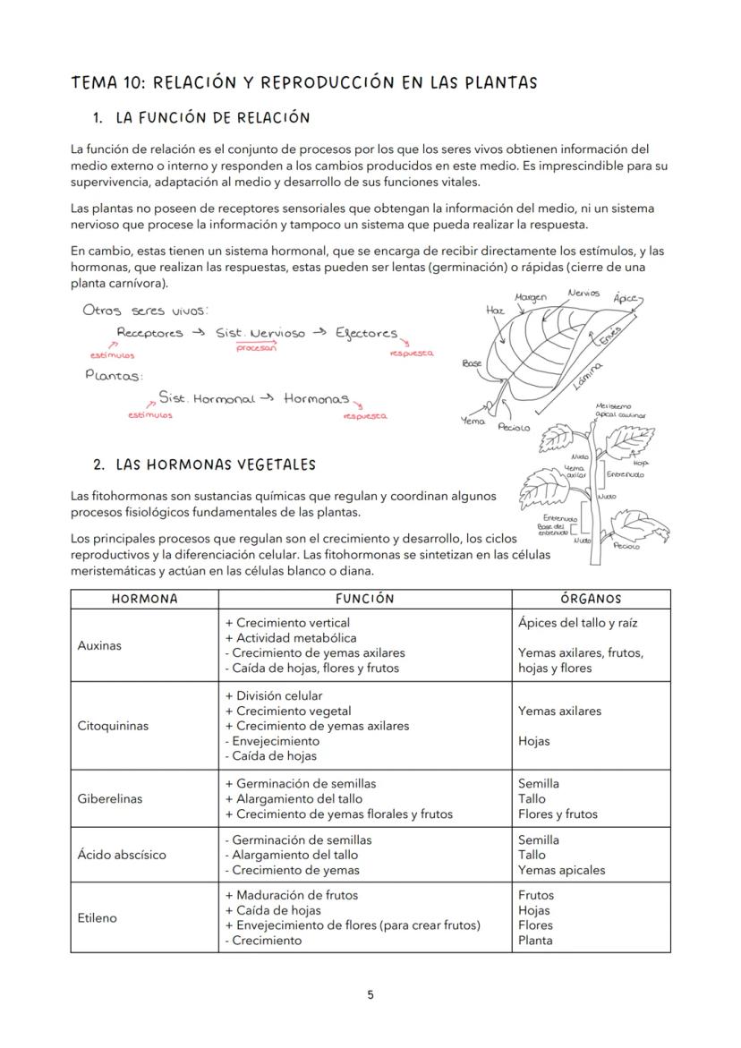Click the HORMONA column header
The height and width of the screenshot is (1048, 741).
[144, 599]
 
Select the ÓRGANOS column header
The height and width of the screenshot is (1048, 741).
[591, 599]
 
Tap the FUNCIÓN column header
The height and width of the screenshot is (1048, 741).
[364, 599]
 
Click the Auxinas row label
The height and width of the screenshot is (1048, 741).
[99, 645]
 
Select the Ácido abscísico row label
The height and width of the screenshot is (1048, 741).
[122, 855]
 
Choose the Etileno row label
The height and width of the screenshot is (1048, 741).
[98, 917]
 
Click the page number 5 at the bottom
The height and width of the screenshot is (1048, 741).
[370, 994]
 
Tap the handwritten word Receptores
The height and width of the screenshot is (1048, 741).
[149, 333]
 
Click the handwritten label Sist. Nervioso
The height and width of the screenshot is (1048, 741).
[260, 333]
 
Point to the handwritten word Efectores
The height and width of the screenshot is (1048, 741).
[366, 333]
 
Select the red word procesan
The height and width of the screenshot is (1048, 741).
[256, 348]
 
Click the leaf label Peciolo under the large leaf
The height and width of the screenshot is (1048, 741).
[514, 428]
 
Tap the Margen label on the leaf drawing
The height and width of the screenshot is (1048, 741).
[532, 296]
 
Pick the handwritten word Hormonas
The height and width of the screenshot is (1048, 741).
[316, 398]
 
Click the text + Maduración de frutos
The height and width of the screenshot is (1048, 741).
[292, 895]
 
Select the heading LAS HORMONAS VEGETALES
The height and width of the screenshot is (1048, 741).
[216, 464]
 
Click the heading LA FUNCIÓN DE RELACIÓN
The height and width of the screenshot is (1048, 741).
[213, 117]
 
